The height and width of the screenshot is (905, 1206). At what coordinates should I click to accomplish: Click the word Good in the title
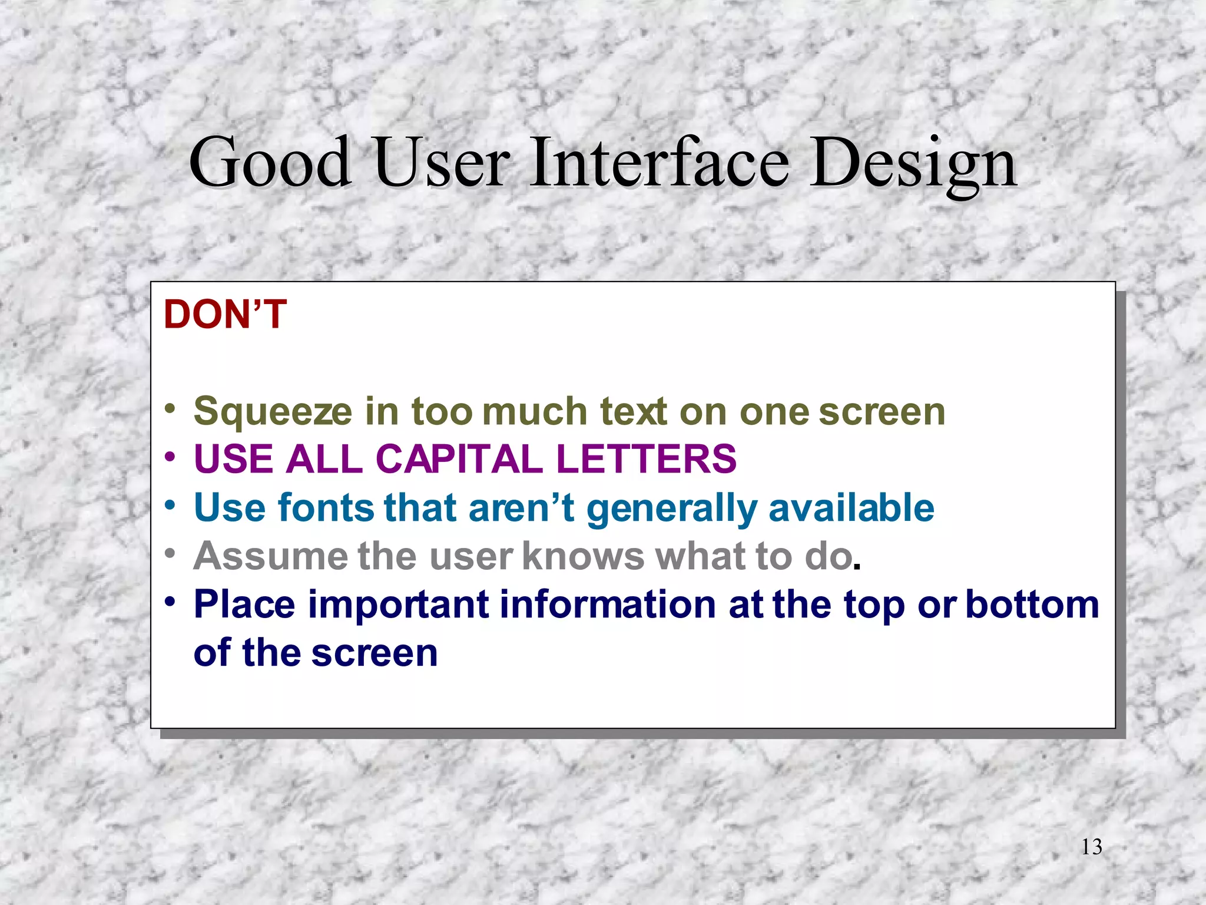pos(270,162)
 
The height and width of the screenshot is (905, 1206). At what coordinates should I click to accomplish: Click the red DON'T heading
pos(225,314)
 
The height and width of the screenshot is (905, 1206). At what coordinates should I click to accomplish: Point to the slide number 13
pos(1091,847)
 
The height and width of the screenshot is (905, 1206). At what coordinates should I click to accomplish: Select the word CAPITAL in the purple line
pos(459,458)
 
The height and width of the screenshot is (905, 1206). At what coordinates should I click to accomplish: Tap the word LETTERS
pos(646,458)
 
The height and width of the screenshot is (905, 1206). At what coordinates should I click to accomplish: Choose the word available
pos(851,507)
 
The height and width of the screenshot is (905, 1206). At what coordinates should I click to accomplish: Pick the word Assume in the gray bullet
pos(270,556)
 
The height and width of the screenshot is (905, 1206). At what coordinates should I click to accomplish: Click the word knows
pos(584,556)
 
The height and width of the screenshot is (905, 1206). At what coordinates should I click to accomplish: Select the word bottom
pos(1032,605)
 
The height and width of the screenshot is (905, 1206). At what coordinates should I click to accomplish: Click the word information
pos(607,605)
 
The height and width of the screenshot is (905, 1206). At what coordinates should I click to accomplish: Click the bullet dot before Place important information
pos(170,602)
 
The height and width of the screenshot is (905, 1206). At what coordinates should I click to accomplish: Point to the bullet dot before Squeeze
pos(170,408)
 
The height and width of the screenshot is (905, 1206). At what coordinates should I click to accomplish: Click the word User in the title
pos(442,162)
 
